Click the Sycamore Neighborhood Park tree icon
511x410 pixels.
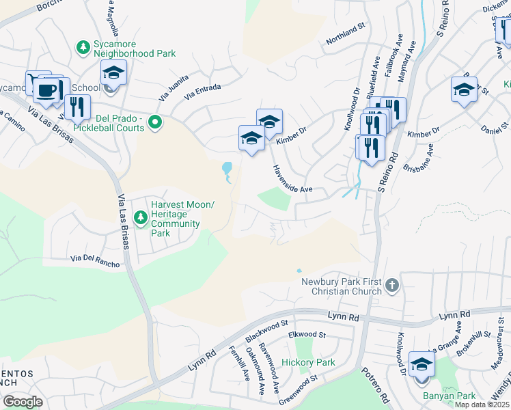coord(83,47)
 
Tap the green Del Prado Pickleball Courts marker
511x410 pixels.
coord(155,123)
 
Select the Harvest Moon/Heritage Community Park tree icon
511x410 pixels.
coord(140,218)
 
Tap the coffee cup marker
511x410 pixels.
coord(46,90)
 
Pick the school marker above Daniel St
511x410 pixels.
coord(464,90)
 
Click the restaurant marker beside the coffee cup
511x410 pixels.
coord(77,107)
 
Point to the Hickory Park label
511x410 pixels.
coord(308,362)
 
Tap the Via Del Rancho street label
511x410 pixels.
coord(95,261)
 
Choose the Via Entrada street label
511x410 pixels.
coord(204,90)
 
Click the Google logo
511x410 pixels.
coord(23,401)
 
